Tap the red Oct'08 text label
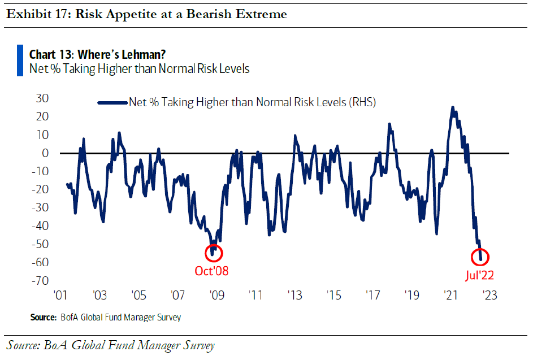tap(211, 271)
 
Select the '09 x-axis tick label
tap(216, 296)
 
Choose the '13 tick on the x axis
tap(294, 296)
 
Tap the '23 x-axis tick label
tap(489, 296)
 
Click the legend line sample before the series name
tap(112, 103)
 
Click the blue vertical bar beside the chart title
tap(20, 61)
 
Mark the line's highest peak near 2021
tap(453, 107)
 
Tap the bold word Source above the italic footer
tap(44, 318)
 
